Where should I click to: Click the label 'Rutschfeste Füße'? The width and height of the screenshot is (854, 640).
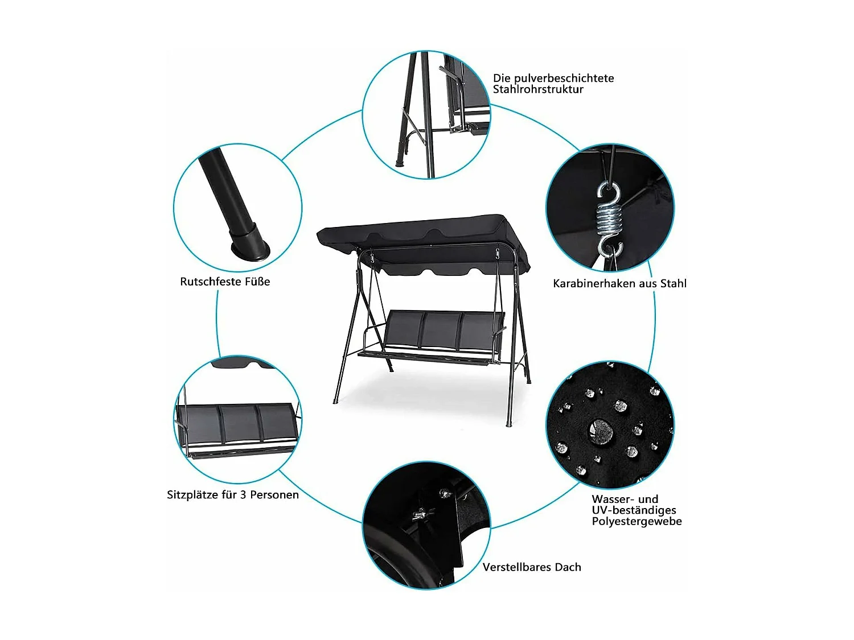click(x=225, y=282)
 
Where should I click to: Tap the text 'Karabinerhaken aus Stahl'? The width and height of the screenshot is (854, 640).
click(x=620, y=284)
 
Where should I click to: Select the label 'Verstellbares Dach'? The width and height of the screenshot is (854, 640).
click(x=532, y=567)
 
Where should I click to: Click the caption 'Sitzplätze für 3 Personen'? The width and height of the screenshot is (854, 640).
click(x=233, y=495)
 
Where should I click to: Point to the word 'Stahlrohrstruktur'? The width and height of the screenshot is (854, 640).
click(x=538, y=89)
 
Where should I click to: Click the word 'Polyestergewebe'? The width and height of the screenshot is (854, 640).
click(x=637, y=522)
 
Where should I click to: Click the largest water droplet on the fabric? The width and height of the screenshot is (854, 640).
click(x=601, y=431)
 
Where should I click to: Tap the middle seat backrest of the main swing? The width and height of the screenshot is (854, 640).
click(x=441, y=331)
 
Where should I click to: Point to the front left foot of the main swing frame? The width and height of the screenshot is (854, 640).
click(x=335, y=400)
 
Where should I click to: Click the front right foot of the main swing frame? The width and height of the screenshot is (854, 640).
click(x=508, y=424)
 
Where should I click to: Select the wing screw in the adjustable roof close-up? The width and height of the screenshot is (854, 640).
click(x=420, y=514)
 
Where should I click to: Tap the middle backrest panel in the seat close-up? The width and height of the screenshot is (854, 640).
click(x=239, y=424)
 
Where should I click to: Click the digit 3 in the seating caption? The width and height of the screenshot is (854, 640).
click(x=243, y=495)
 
